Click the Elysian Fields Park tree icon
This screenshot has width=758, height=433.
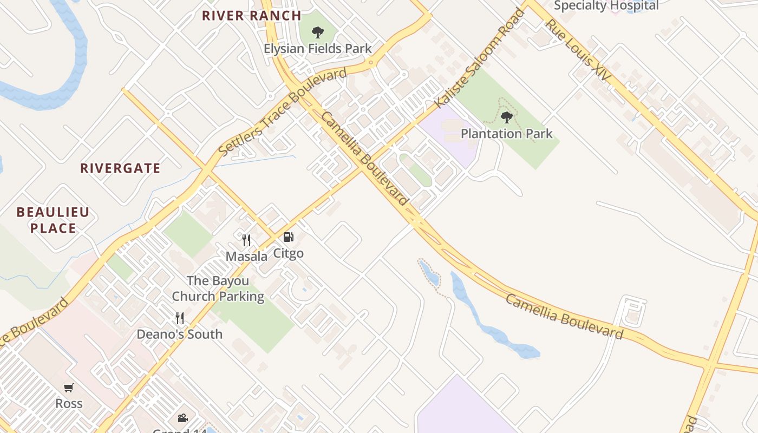[x=318, y=32]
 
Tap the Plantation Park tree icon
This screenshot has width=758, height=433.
[x=507, y=117]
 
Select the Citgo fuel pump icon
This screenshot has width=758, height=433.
[x=288, y=237]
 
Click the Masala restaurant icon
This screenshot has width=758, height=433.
[x=246, y=240]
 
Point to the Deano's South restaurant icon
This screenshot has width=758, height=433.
[x=180, y=318]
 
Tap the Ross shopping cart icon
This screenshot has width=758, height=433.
[x=69, y=388]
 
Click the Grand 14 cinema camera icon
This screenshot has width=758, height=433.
[x=183, y=418]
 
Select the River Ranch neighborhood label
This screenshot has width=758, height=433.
[x=251, y=16]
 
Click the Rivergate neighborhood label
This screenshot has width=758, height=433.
[x=120, y=168]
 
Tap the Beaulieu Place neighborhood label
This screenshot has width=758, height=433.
[x=53, y=220]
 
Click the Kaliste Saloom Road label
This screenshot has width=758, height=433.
[x=481, y=57]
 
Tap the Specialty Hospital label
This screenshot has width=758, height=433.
[x=606, y=6]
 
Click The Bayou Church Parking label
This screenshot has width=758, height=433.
[x=218, y=288]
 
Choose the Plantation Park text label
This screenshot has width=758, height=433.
[x=506, y=133]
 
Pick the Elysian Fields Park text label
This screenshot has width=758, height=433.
[x=318, y=48]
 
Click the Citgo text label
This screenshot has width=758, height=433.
[x=288, y=253]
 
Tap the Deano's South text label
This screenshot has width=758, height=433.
[x=179, y=334]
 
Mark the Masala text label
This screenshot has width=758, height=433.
[x=246, y=256]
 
